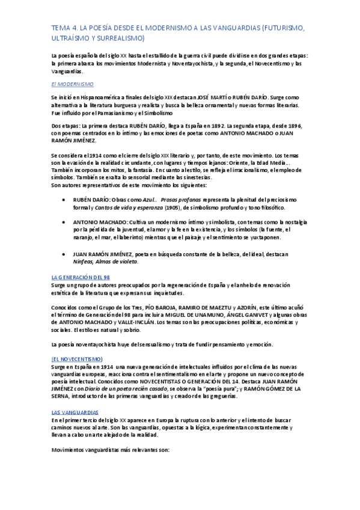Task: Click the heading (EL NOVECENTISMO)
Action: pos(78,358)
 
